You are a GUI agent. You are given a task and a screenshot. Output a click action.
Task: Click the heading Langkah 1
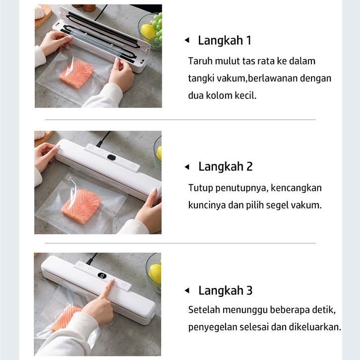[224, 40]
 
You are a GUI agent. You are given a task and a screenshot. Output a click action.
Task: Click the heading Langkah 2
[226, 167]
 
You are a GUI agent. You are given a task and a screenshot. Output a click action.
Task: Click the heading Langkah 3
[226, 291]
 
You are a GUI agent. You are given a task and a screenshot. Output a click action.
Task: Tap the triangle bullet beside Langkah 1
[187, 40]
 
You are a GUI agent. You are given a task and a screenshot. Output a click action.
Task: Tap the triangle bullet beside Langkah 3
[187, 291]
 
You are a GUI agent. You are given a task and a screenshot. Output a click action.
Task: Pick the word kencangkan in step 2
[296, 188]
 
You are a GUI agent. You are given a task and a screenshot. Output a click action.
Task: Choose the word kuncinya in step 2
[207, 205]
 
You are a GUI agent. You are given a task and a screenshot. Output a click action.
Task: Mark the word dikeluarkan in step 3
[315, 327]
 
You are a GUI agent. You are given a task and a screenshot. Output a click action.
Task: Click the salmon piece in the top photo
[76, 73]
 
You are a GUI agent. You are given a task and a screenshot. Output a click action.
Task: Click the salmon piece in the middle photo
[81, 206]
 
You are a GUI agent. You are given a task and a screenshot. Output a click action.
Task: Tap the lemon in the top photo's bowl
[148, 32]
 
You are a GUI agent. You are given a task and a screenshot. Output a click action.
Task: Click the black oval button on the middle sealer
[112, 158]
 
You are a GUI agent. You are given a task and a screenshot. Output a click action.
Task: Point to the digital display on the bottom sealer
[102, 276]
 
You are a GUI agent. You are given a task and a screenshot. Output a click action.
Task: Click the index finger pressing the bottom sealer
[109, 288]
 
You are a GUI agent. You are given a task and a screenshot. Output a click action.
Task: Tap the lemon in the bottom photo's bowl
[155, 274]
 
